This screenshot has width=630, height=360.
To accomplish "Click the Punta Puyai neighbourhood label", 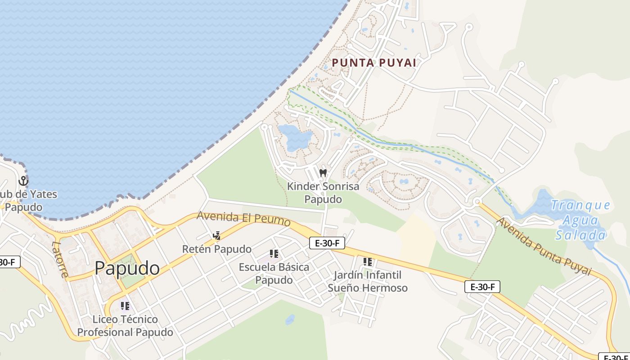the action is [x=374, y=63].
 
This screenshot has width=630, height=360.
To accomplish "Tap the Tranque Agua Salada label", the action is [x=580, y=220].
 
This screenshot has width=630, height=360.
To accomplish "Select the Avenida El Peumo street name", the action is [x=243, y=218].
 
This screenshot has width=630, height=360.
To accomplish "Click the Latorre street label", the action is [x=59, y=260].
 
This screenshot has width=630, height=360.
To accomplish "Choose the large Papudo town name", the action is [x=127, y=268].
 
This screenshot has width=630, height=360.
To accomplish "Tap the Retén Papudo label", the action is [x=216, y=249].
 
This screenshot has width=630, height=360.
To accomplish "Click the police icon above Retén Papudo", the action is [x=216, y=235].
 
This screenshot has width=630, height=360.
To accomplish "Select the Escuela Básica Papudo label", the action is [x=274, y=273].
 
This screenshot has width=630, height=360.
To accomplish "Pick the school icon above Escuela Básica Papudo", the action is [x=274, y=254].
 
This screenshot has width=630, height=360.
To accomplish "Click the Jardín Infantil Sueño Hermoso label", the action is [x=367, y=281].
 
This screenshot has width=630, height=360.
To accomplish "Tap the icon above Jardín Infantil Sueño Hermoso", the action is [x=368, y=261].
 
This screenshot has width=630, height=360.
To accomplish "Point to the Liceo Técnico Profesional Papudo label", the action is [x=125, y=326].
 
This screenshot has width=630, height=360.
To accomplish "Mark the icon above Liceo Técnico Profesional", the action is [x=125, y=306].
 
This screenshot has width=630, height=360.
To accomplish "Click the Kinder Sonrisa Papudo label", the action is [x=323, y=193].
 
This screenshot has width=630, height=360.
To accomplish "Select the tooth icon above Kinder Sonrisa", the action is [x=323, y=173].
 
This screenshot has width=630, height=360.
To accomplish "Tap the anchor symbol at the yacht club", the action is [x=23, y=181].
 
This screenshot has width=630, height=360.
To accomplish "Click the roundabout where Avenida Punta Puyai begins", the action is [x=477, y=202].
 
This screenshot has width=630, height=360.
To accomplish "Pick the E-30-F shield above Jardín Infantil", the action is [x=327, y=243].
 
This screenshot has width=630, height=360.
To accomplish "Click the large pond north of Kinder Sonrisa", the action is [x=295, y=137].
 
